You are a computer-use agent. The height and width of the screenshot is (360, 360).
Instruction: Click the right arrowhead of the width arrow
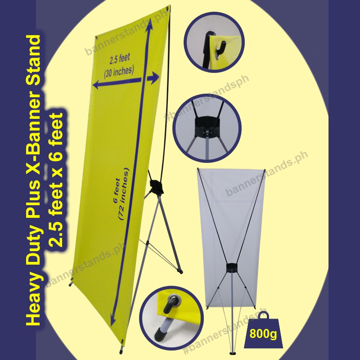pyautogui.click(x=155, y=78)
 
